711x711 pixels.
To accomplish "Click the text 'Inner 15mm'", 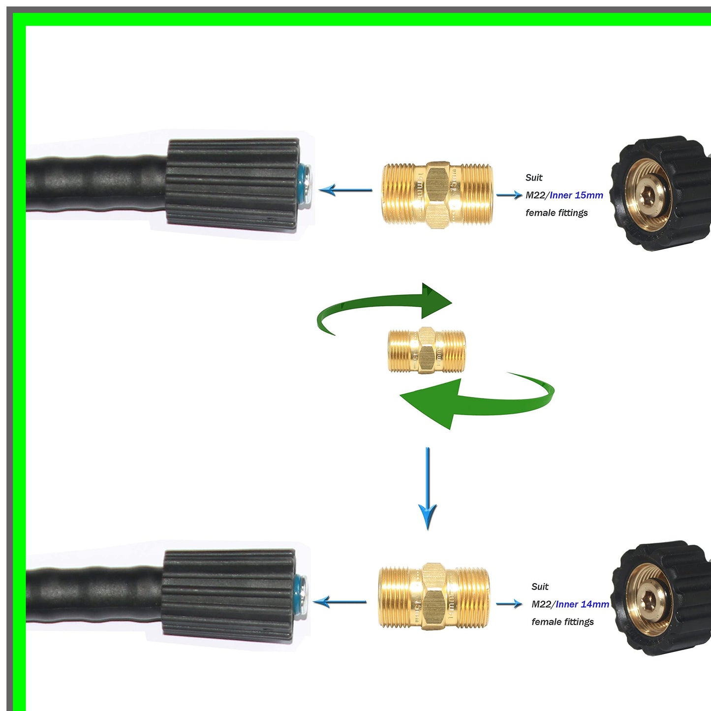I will pyautogui.click(x=576, y=195).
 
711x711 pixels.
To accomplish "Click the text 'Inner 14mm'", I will pyautogui.click(x=582, y=604).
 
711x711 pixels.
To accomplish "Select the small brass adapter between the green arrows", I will pyautogui.click(x=427, y=350).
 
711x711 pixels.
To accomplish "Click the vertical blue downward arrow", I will pyautogui.click(x=427, y=487).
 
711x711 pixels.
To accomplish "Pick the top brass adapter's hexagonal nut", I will pyautogui.click(x=437, y=195).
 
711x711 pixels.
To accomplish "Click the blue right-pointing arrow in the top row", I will pyautogui.click(x=509, y=195).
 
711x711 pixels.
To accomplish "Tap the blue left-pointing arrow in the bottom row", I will pyautogui.click(x=339, y=601).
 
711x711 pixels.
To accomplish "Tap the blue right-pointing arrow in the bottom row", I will pyautogui.click(x=509, y=604).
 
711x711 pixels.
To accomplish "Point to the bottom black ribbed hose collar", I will pyautogui.click(x=228, y=595).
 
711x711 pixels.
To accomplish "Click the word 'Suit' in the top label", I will pyautogui.click(x=534, y=178).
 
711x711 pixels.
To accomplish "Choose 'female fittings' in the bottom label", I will pyautogui.click(x=562, y=622).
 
